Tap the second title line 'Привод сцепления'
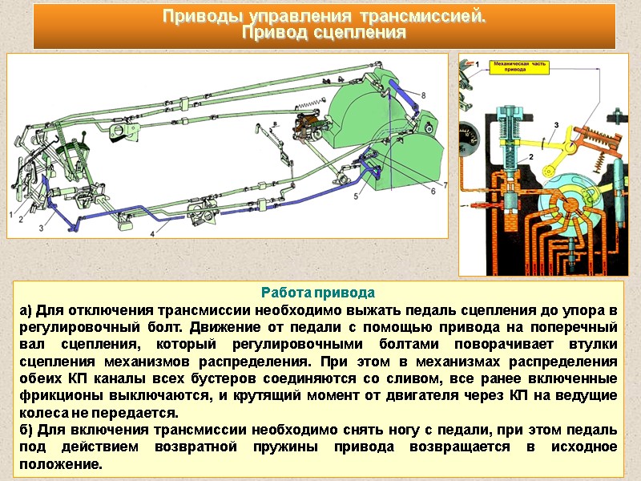[324, 34]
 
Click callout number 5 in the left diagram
[355, 196]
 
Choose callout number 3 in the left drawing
[40, 228]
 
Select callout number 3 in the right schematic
[554, 124]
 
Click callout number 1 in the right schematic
[478, 63]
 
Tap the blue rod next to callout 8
[405, 95]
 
